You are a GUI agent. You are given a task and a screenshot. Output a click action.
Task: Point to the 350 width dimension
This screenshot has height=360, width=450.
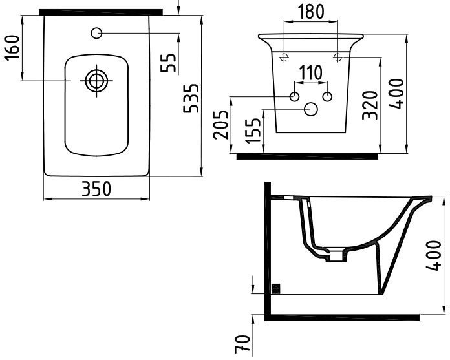coord(96,189)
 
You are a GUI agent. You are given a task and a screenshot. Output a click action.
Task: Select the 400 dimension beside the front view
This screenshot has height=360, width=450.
coord(397,94)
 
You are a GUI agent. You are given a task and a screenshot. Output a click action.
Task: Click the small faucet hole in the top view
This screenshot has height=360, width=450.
coord(97,33)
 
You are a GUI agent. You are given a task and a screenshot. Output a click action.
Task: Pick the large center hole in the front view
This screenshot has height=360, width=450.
coord(310,111)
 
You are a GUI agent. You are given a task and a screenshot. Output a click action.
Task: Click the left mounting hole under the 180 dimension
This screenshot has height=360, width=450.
coord(284,58)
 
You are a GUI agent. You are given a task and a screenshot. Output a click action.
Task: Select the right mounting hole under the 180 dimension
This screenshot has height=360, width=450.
coord(337,58)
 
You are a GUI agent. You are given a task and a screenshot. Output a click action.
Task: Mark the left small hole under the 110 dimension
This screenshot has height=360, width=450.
coord(294,97)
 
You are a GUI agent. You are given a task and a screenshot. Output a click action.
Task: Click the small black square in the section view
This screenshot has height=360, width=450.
coord(276,289)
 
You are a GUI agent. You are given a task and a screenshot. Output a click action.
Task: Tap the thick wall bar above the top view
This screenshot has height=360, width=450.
coord(100,12)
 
